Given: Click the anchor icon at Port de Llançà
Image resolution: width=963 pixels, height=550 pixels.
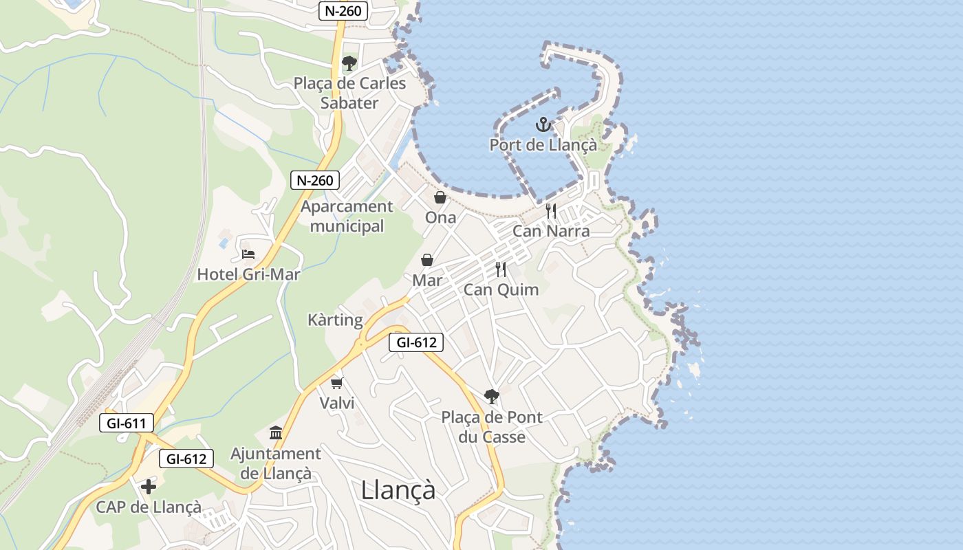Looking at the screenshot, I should point(543,125).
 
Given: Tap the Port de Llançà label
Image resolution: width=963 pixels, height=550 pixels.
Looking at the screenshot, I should point(543,145).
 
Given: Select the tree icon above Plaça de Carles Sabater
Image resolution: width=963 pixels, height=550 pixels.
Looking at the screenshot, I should point(349,63).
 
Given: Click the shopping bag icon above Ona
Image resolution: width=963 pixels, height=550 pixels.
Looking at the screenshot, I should point(440,198).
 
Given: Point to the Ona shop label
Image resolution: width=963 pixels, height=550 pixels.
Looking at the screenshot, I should point(440,217).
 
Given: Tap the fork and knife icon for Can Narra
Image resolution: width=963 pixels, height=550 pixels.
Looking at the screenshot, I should point(551,211).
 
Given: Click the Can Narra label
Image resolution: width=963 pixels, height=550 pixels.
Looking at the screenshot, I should point(551,231).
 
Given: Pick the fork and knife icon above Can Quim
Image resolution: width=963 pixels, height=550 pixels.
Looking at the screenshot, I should point(501,269).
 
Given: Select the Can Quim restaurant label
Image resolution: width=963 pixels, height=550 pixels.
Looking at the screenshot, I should point(501,289).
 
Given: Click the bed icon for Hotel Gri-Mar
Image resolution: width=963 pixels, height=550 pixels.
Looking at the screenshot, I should point(248,255).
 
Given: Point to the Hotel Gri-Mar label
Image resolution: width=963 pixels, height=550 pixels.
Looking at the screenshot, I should point(248,274).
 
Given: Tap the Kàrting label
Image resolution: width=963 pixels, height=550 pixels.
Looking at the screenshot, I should point(335,320).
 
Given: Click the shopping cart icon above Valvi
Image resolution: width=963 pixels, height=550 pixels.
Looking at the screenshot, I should point(336,383).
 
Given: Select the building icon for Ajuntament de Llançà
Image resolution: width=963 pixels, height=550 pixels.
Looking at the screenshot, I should point(276,433).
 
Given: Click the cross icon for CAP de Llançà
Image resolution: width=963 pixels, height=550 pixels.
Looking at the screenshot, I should point(149,487).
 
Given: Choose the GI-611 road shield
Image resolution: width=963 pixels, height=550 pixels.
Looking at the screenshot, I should point(127,423).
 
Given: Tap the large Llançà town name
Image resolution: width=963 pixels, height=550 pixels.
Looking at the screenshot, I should point(398,490).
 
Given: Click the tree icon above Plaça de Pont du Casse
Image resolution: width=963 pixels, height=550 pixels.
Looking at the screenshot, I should point(491,397).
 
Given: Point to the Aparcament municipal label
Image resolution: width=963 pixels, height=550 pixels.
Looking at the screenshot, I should point(347,216).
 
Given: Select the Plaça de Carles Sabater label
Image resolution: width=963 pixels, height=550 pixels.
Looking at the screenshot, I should point(349,93).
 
